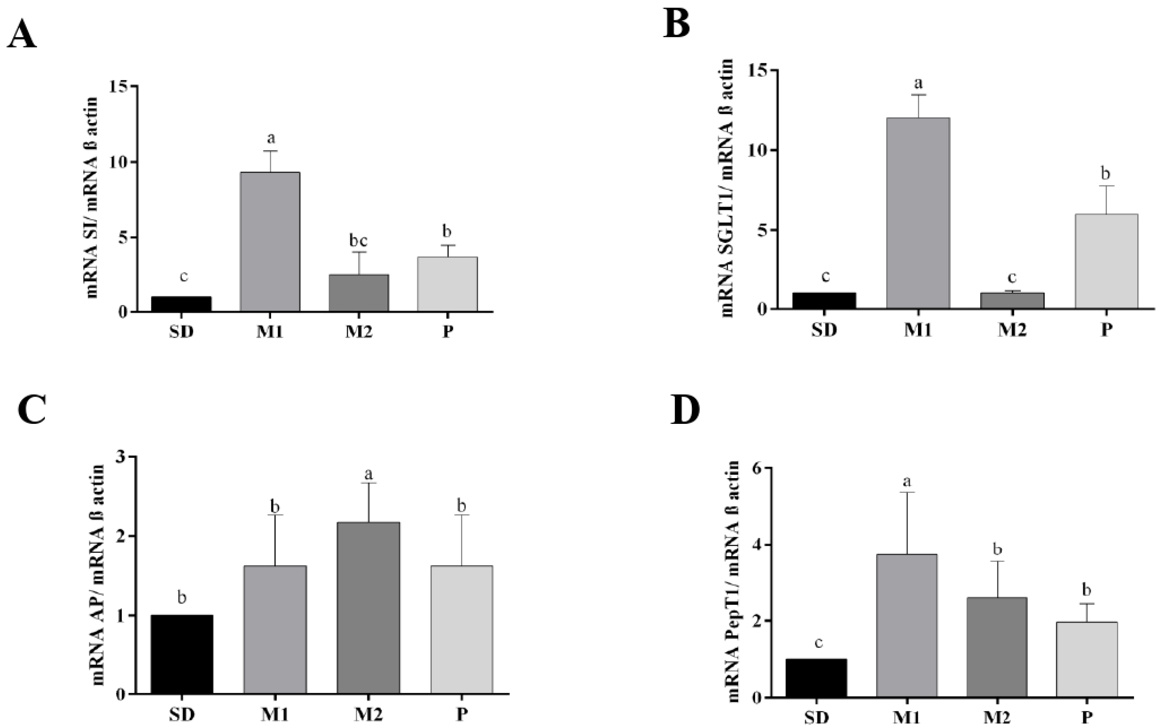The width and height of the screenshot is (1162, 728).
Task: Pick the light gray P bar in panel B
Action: coord(1106,261)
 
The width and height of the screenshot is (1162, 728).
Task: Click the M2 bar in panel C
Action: coord(368,608)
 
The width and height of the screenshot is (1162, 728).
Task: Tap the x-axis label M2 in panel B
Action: coord(1012,330)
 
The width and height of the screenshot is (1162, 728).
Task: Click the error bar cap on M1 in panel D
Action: coord(906,492)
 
